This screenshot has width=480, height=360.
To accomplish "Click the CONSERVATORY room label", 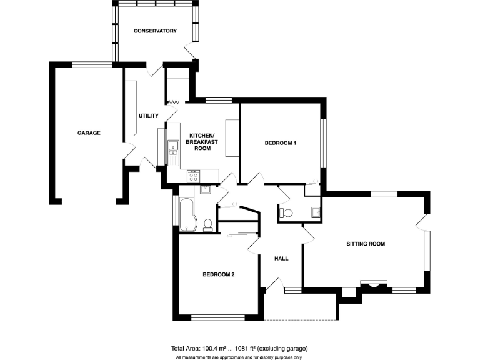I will click(x=155, y=31).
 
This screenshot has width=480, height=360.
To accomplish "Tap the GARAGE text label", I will click(x=89, y=132).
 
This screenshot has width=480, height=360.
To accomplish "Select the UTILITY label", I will click(x=149, y=116).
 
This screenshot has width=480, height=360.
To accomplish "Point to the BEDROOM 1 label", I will click(x=280, y=143).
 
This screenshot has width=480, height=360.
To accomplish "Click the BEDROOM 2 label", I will click(x=218, y=274).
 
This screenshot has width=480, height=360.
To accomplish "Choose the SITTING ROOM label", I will click(x=366, y=244).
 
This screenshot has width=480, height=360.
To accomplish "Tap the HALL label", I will click(x=281, y=258).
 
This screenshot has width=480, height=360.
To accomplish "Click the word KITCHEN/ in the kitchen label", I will click(x=201, y=136).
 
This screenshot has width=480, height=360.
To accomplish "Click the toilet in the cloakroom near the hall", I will click(x=287, y=214).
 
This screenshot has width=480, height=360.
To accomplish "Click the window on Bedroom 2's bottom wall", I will click(x=217, y=318).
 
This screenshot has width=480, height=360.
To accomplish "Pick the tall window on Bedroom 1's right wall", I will click(x=323, y=143).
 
